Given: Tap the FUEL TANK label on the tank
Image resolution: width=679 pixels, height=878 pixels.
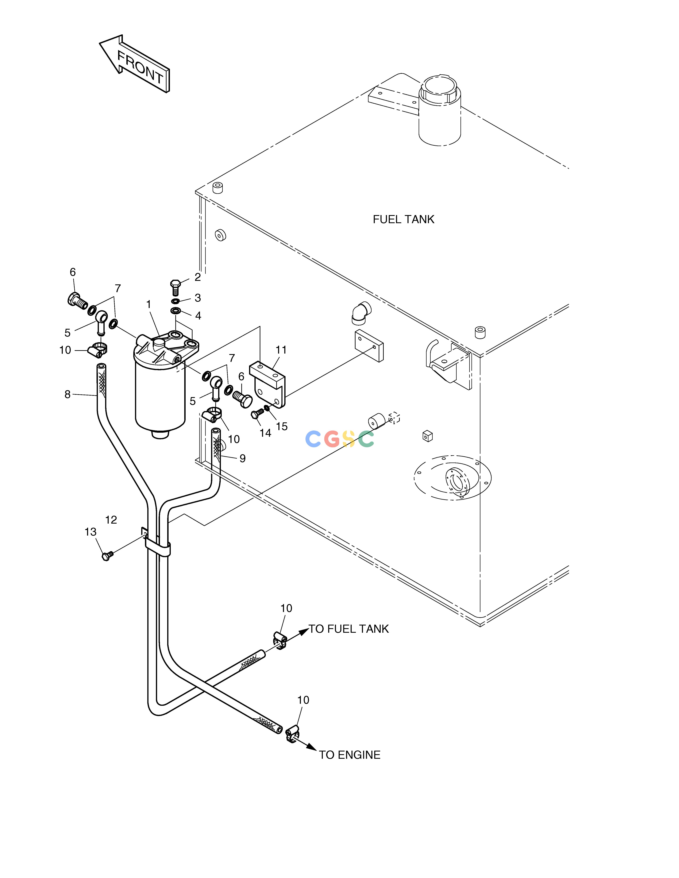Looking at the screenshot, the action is (403, 219).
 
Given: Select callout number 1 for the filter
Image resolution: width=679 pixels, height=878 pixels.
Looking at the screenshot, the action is (148, 305).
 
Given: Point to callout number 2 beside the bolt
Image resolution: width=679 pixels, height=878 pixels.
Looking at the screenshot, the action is (197, 277).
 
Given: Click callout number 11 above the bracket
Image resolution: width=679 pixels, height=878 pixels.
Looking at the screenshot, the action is (281, 350).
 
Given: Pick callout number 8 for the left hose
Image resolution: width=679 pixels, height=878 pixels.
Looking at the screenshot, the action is (67, 394).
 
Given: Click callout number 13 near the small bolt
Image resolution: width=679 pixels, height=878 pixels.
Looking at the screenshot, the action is (90, 532).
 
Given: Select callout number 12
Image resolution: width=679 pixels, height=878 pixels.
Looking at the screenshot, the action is (111, 520).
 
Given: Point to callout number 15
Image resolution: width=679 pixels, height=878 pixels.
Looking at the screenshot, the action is (282, 427).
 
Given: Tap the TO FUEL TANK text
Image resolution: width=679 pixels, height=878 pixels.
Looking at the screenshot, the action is (349, 629).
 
